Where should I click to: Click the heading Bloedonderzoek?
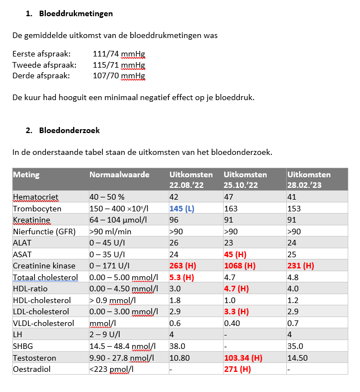click(x=70, y=131)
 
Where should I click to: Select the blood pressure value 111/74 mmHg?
click(x=119, y=54)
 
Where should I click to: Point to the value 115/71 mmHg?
click(x=119, y=65)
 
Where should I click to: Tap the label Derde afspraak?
click(x=41, y=75)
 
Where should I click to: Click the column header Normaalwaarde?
click(x=120, y=174)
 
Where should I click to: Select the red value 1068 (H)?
click(x=239, y=265)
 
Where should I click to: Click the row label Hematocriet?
click(x=36, y=196)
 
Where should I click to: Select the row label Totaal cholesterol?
click(x=45, y=277)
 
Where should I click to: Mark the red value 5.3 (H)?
click(x=182, y=277)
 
